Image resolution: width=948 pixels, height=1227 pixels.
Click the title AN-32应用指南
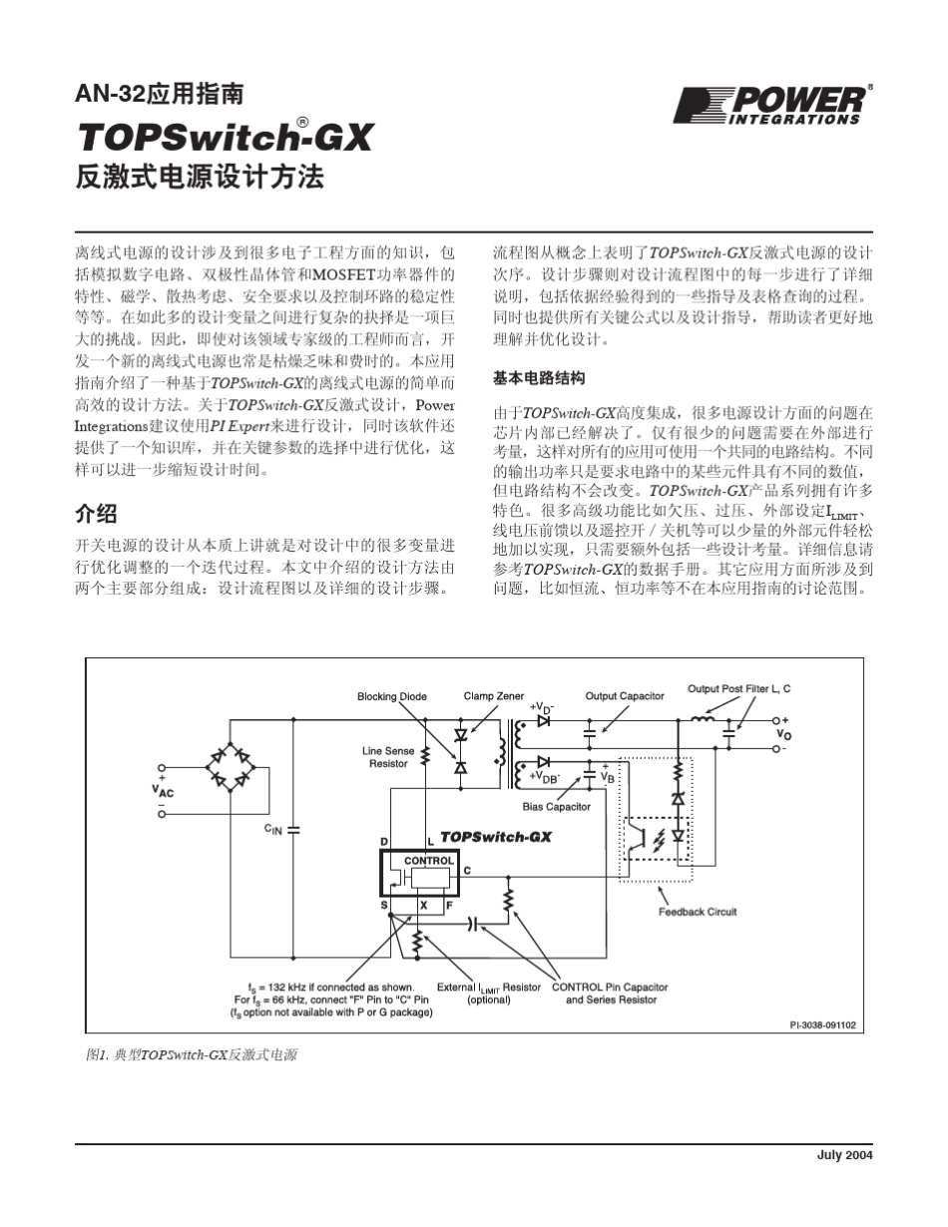160,96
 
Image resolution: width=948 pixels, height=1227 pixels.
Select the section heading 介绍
97,514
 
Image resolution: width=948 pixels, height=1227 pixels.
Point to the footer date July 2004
844,1155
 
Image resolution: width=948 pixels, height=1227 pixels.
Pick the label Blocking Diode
392,696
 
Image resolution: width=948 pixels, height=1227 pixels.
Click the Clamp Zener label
494,695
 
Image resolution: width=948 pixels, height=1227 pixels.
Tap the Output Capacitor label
625,695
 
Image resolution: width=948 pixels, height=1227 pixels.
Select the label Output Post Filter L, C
739,688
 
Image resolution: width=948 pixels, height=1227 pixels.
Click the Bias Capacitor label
557,806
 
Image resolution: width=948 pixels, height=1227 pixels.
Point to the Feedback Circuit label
698,911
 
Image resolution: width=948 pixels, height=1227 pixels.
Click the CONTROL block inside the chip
429,860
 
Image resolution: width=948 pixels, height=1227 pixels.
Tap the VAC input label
162,790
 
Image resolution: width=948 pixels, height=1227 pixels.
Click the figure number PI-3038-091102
822,1023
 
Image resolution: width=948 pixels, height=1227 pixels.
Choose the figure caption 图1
192,1053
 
